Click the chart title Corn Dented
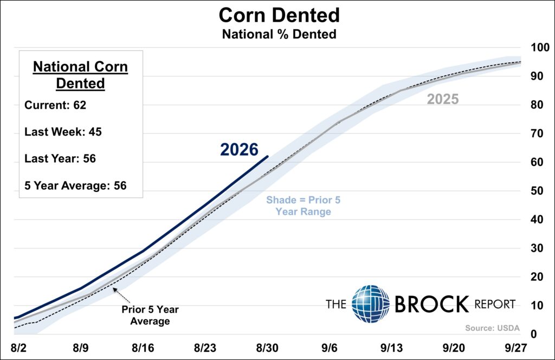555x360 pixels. (x=279, y=15)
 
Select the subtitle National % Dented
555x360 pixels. (x=279, y=34)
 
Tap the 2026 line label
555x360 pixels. (x=239, y=150)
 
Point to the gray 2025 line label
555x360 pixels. (x=443, y=99)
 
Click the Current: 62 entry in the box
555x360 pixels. (x=55, y=105)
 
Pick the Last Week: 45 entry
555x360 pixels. (x=63, y=132)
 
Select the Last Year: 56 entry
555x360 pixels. (x=60, y=158)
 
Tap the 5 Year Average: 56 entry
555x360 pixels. (x=75, y=185)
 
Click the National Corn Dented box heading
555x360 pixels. (x=80, y=75)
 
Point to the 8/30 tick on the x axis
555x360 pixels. (x=267, y=348)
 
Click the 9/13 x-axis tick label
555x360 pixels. (x=391, y=348)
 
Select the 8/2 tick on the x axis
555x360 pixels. (x=18, y=348)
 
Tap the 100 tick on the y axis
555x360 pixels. (x=540, y=47)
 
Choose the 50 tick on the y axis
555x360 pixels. (x=537, y=191)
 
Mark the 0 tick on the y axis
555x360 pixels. (x=533, y=334)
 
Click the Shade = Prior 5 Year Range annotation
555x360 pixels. (x=304, y=205)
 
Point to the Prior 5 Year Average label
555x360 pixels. (x=150, y=315)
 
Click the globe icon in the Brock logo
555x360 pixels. (x=371, y=304)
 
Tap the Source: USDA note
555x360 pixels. (x=492, y=328)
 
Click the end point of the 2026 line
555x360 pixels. (x=267, y=156)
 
